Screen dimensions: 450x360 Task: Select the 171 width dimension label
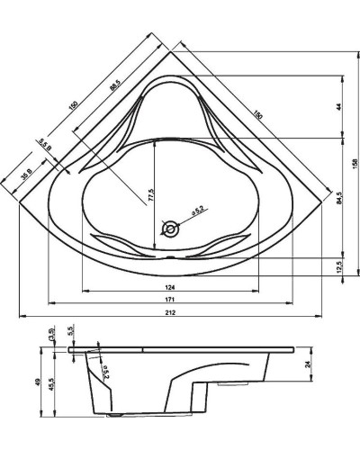click(169, 299)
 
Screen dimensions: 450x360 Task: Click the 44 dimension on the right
click(338, 106)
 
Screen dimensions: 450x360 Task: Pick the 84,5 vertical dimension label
click(338, 197)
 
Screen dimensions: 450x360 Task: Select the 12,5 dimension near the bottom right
click(338, 268)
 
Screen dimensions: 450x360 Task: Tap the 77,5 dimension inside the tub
click(150, 193)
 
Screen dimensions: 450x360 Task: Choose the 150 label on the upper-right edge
click(258, 116)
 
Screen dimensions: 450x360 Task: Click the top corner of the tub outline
click(170, 51)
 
